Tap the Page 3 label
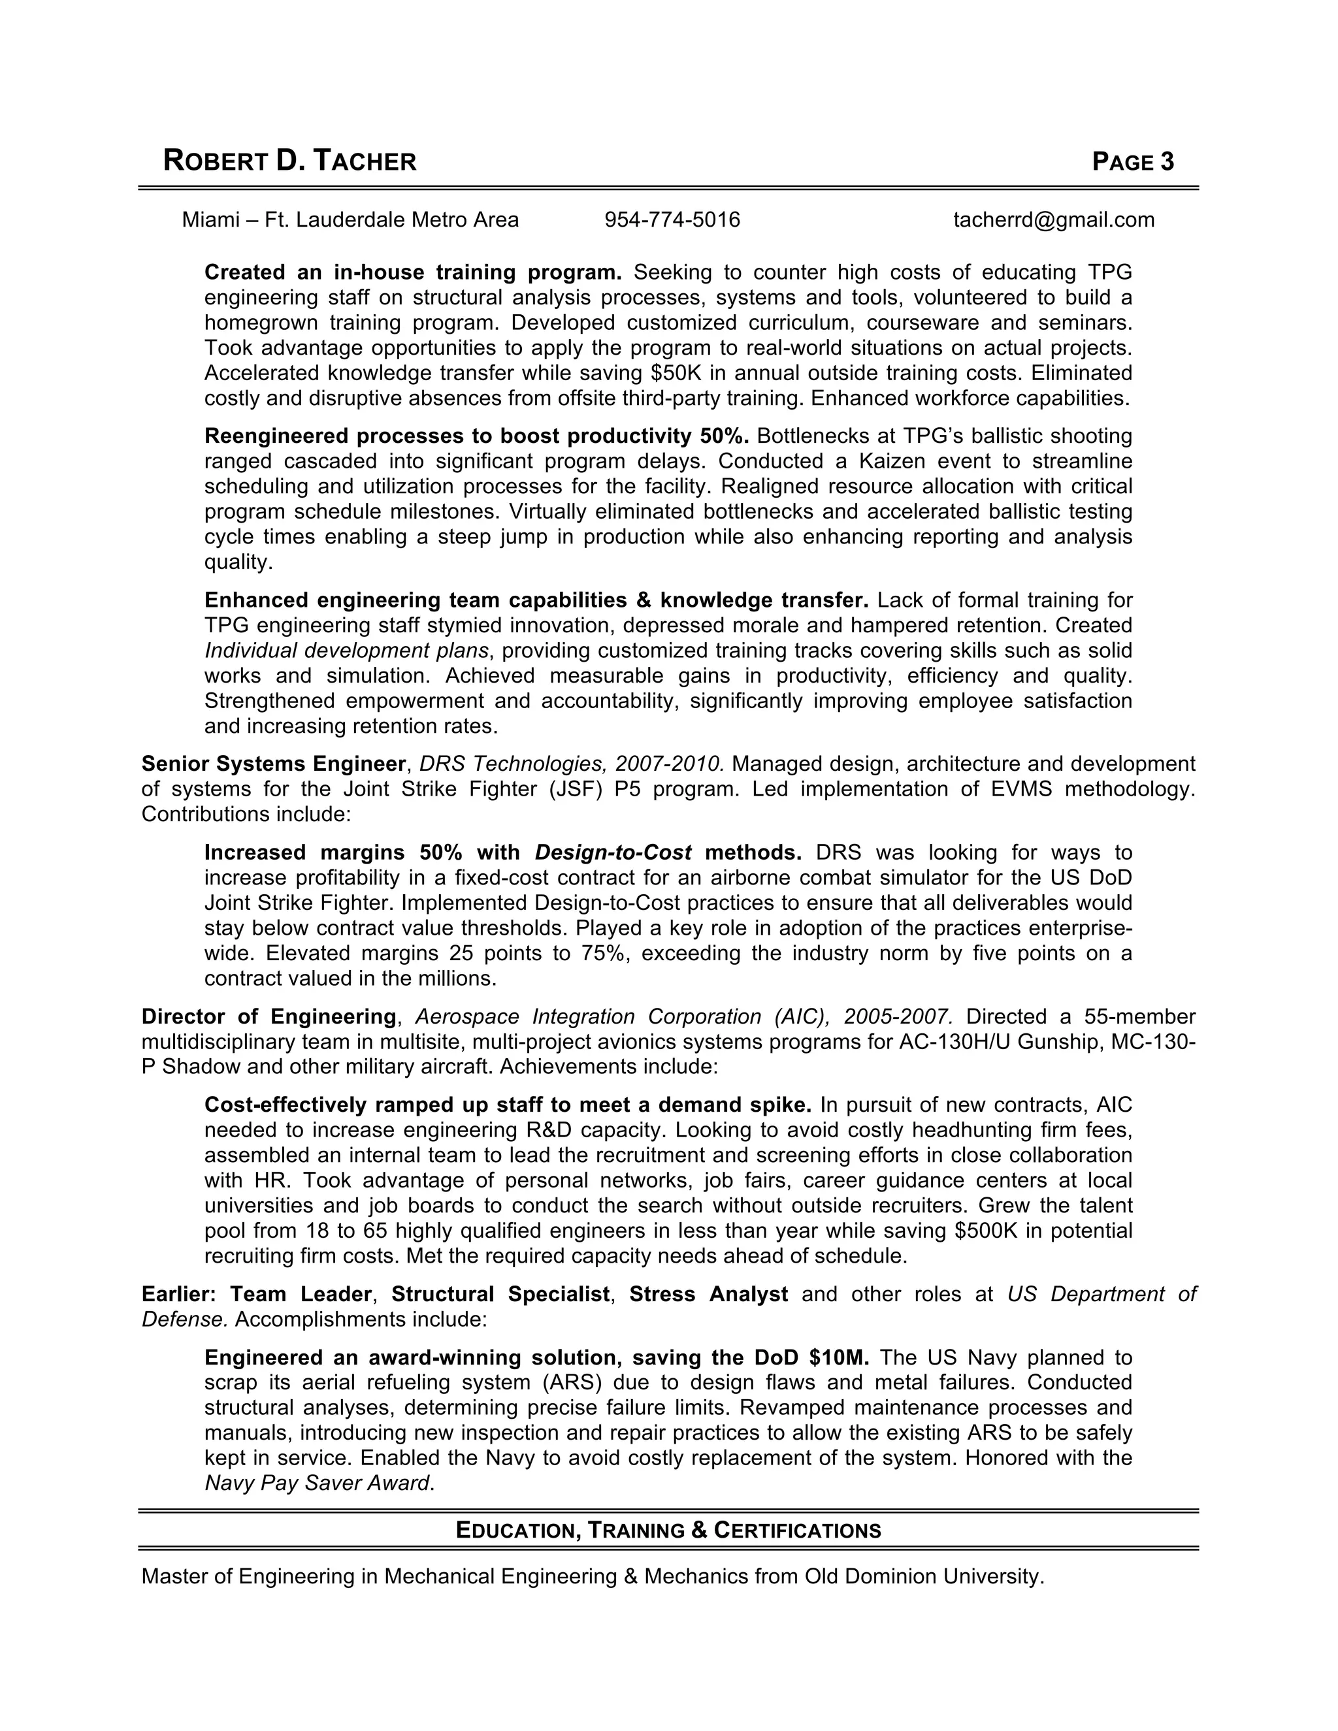(1132, 162)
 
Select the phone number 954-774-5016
(672, 219)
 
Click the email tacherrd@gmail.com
(1053, 219)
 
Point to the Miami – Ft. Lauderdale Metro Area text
(350, 219)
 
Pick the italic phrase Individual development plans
(346, 651)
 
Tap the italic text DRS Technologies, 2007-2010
(571, 764)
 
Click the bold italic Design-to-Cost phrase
(613, 853)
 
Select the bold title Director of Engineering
(269, 1017)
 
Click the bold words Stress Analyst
(708, 1294)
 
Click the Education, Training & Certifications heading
(668, 1530)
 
